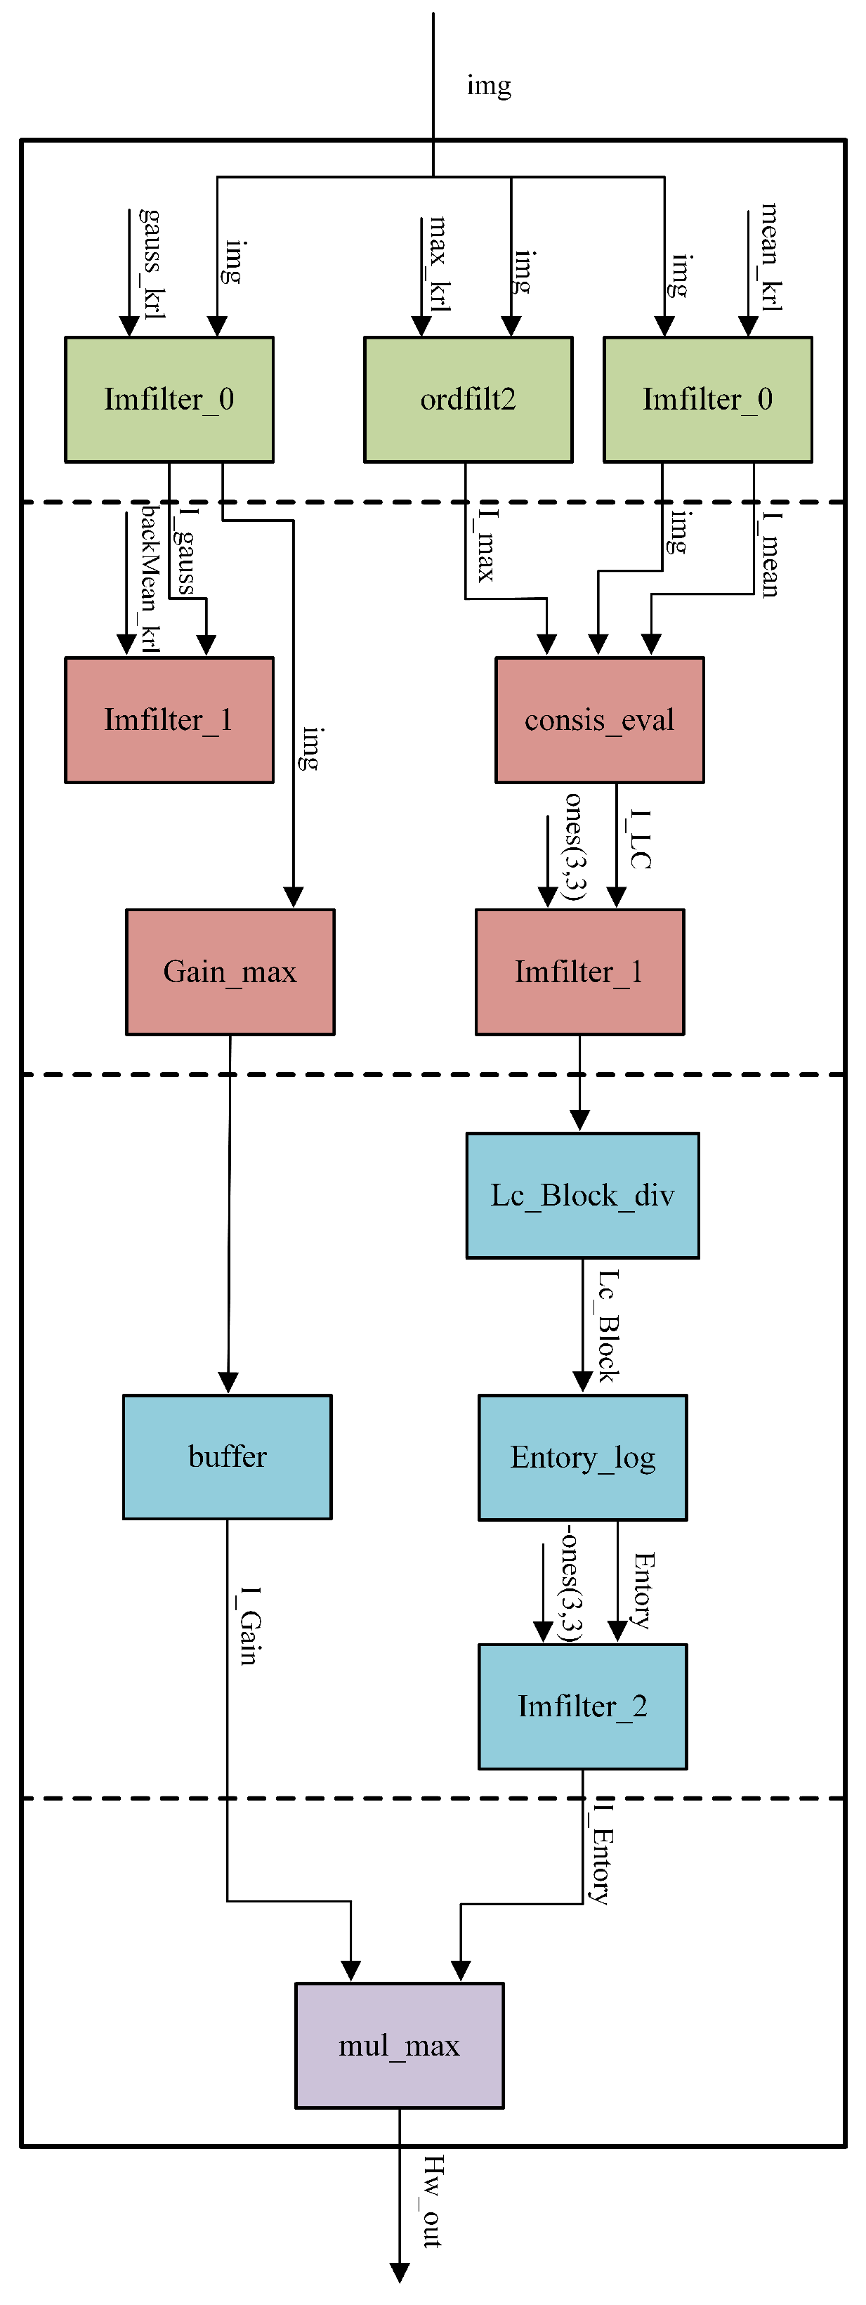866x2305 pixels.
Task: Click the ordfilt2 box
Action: click(x=468, y=399)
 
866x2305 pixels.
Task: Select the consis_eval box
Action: click(x=599, y=720)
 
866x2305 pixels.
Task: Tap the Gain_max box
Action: click(x=230, y=972)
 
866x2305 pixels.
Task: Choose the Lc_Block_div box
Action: click(x=582, y=1196)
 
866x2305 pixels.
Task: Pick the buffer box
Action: click(x=228, y=1457)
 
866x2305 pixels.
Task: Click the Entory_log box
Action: click(x=582, y=1458)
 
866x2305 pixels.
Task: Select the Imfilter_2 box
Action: click(x=582, y=1706)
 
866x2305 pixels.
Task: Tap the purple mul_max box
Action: click(x=399, y=2046)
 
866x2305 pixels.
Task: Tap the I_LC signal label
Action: click(x=640, y=840)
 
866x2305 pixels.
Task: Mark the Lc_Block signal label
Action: click(x=608, y=1325)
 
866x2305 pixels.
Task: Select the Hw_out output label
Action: click(x=432, y=2202)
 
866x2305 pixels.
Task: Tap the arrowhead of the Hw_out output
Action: click(x=400, y=2273)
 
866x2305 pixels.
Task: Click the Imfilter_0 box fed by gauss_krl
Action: click(x=169, y=399)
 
